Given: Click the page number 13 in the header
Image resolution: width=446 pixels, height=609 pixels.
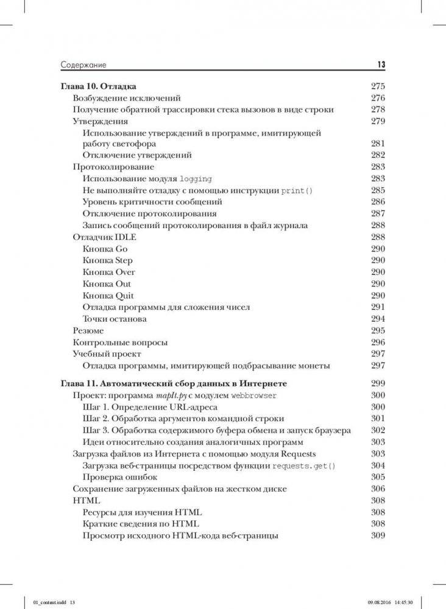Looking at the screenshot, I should coord(381,65).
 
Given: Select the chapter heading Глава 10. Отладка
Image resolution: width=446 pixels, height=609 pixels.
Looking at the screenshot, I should coord(99,86).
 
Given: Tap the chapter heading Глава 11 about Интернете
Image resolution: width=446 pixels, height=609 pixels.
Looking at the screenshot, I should coord(174,384).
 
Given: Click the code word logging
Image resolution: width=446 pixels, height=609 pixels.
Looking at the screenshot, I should coord(196,179).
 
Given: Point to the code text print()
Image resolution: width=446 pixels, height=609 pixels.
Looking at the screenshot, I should coord(296,190).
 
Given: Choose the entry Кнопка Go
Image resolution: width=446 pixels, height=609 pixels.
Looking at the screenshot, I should coord(105,249).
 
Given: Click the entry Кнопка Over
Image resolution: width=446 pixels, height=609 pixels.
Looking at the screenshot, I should coord(108,272).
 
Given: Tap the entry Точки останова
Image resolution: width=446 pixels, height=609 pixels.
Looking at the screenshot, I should coord(115,319).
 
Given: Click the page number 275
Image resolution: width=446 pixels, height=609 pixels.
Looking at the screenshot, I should coord(378,86).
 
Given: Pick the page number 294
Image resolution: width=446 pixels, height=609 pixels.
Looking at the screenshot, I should coord(378,319).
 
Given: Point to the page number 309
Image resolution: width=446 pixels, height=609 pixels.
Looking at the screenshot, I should coord(378,535).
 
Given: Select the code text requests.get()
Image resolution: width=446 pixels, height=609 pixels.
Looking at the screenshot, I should coord(304,465).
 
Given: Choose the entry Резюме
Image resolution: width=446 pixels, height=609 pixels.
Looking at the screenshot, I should coord(88,330).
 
